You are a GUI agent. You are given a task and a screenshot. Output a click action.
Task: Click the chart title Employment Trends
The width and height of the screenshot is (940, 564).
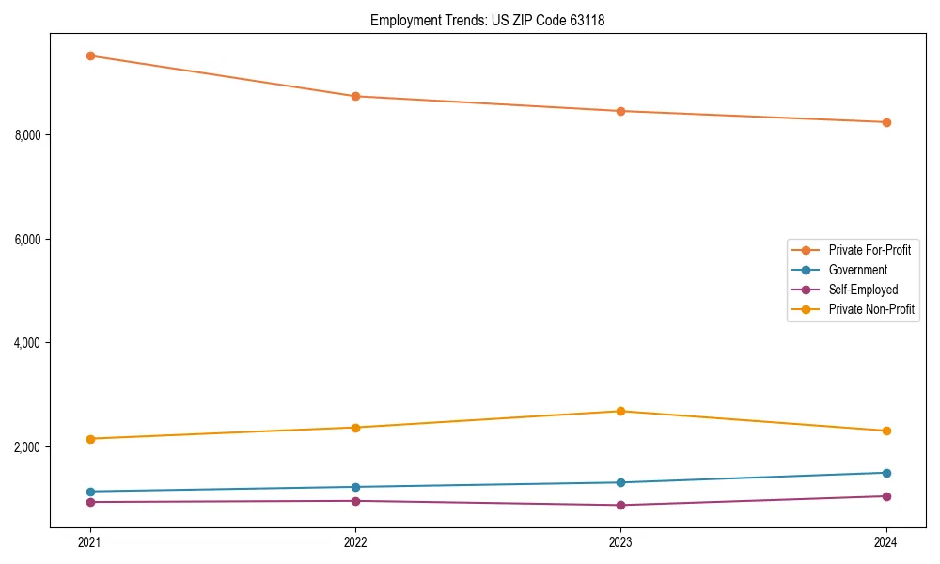click(x=487, y=20)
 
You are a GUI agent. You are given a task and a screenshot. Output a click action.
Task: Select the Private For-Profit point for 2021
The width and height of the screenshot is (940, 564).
click(x=90, y=55)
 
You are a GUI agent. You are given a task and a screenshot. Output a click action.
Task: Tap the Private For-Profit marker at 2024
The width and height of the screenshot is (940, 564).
click(x=886, y=122)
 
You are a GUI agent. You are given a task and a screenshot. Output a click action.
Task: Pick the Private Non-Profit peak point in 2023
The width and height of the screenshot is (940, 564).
click(x=620, y=411)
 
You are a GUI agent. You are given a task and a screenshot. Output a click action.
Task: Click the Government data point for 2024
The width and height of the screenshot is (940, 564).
click(x=886, y=473)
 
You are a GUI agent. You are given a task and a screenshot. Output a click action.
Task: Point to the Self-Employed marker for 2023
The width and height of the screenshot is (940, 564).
click(x=620, y=505)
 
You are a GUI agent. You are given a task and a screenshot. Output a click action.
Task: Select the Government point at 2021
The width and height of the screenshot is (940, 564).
click(x=90, y=492)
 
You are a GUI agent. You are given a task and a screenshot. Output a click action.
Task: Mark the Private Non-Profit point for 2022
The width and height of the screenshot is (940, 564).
click(x=355, y=428)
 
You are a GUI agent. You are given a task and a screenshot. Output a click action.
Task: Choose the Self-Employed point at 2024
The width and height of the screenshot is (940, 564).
click(x=886, y=496)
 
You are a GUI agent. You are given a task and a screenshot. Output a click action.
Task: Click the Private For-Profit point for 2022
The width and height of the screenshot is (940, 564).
click(x=355, y=96)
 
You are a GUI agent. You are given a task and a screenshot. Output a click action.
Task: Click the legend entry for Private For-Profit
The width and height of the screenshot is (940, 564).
click(x=869, y=250)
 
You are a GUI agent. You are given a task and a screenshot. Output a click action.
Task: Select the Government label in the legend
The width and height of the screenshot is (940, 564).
click(x=857, y=270)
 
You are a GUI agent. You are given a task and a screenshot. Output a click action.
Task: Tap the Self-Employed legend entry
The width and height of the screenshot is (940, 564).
click(x=863, y=290)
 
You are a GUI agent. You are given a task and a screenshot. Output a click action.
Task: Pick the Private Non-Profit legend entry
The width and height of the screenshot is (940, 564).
click(x=871, y=309)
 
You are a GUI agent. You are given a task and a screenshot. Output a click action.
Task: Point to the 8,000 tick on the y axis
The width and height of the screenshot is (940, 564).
click(x=28, y=135)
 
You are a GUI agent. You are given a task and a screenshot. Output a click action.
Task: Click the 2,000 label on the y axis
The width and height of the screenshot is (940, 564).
click(x=28, y=446)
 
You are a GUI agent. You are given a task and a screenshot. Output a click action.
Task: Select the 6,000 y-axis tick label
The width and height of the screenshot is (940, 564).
click(x=28, y=239)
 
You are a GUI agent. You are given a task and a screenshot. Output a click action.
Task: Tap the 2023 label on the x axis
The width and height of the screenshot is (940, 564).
click(x=620, y=542)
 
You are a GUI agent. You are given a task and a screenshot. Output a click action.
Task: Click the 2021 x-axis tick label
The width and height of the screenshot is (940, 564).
click(x=90, y=542)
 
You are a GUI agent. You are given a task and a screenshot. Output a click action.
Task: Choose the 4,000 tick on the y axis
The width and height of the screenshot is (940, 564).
click(x=28, y=343)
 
